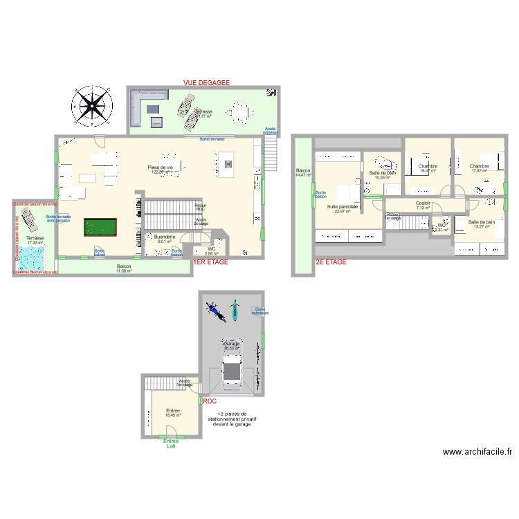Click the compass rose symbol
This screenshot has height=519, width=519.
(x=92, y=106)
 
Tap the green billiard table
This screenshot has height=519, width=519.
(x=100, y=228)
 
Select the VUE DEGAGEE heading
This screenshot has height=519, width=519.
(x=206, y=82)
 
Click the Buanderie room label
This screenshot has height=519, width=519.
(x=165, y=236)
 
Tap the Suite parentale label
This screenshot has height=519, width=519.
(x=343, y=207)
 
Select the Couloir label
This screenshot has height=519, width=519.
(x=423, y=203)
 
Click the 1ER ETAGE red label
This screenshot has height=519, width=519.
(x=210, y=263)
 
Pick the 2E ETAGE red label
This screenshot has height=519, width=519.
(x=331, y=263)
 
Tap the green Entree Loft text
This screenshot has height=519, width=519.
(x=170, y=443)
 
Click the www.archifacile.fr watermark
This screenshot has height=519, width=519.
(x=477, y=453)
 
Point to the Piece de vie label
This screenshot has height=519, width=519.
(x=161, y=167)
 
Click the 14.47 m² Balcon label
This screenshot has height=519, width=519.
(x=303, y=172)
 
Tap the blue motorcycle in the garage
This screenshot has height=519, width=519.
(x=216, y=311)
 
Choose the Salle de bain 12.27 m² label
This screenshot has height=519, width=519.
(x=481, y=224)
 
